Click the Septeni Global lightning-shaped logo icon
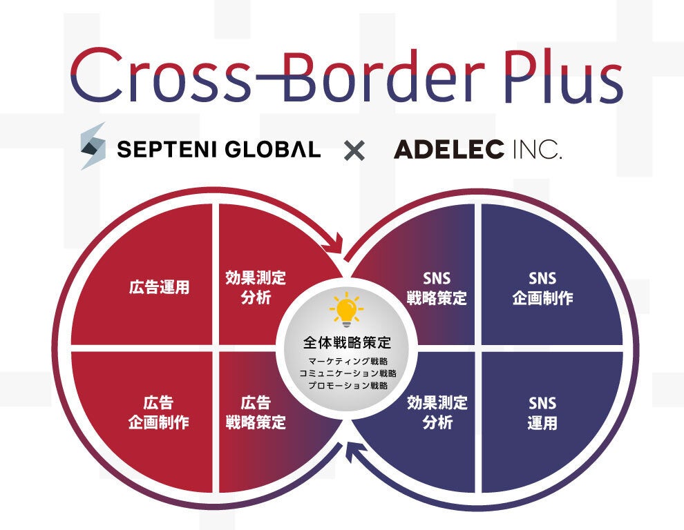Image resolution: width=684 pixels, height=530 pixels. (93, 146)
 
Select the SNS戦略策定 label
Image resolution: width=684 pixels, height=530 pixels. (436, 288)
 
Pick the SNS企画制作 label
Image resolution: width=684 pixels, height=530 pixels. (542, 288)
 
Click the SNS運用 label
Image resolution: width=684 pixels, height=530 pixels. (542, 413)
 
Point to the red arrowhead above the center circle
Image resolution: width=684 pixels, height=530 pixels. (336, 244)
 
